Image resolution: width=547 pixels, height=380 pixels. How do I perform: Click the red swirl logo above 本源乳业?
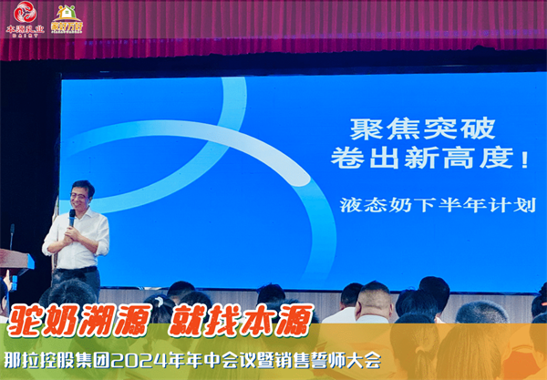pyautogui.click(x=24, y=13)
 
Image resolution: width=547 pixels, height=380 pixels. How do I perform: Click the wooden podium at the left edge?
pyautogui.click(x=13, y=264)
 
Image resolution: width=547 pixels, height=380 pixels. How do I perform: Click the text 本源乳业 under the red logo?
pyautogui.click(x=25, y=30)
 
